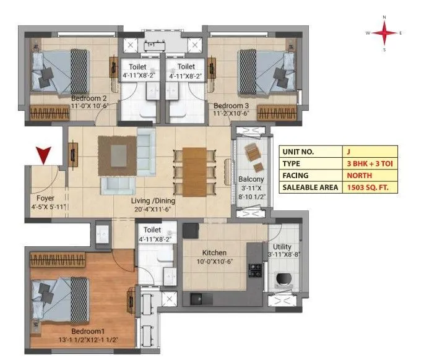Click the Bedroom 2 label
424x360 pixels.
point(89,98)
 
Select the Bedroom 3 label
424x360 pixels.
point(231,105)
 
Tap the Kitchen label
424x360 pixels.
point(214,253)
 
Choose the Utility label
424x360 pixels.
point(282,246)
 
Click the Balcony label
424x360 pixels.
point(251,180)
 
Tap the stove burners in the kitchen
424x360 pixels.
point(254,270)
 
